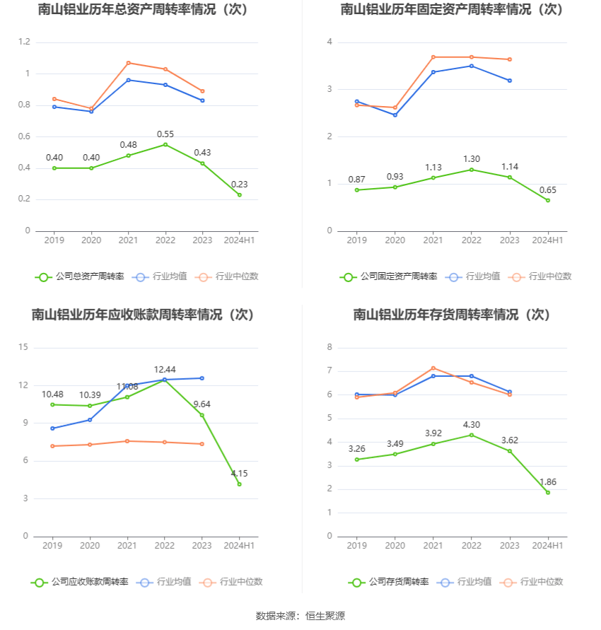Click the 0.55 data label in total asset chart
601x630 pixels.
(x=165, y=134)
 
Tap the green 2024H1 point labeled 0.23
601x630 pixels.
(x=239, y=194)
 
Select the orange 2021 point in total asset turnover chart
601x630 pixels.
(x=128, y=63)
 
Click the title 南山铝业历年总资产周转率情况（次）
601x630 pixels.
(x=144, y=10)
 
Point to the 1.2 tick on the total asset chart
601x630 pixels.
(x=24, y=42)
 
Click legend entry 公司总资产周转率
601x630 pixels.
(x=80, y=276)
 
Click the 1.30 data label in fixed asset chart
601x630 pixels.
(x=472, y=159)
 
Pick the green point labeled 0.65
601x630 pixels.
(x=547, y=200)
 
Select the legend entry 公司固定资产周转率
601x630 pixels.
(x=388, y=276)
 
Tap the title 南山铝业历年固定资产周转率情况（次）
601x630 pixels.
(x=452, y=10)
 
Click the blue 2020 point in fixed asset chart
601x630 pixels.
(x=395, y=115)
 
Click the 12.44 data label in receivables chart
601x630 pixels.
(x=165, y=370)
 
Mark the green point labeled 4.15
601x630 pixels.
(x=239, y=484)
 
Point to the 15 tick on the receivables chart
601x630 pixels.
(x=24, y=347)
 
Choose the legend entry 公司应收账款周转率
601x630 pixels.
(x=80, y=582)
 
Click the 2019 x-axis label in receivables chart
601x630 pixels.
(x=53, y=546)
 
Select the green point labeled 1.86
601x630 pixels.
(x=547, y=492)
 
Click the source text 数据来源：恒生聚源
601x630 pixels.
(x=300, y=617)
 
